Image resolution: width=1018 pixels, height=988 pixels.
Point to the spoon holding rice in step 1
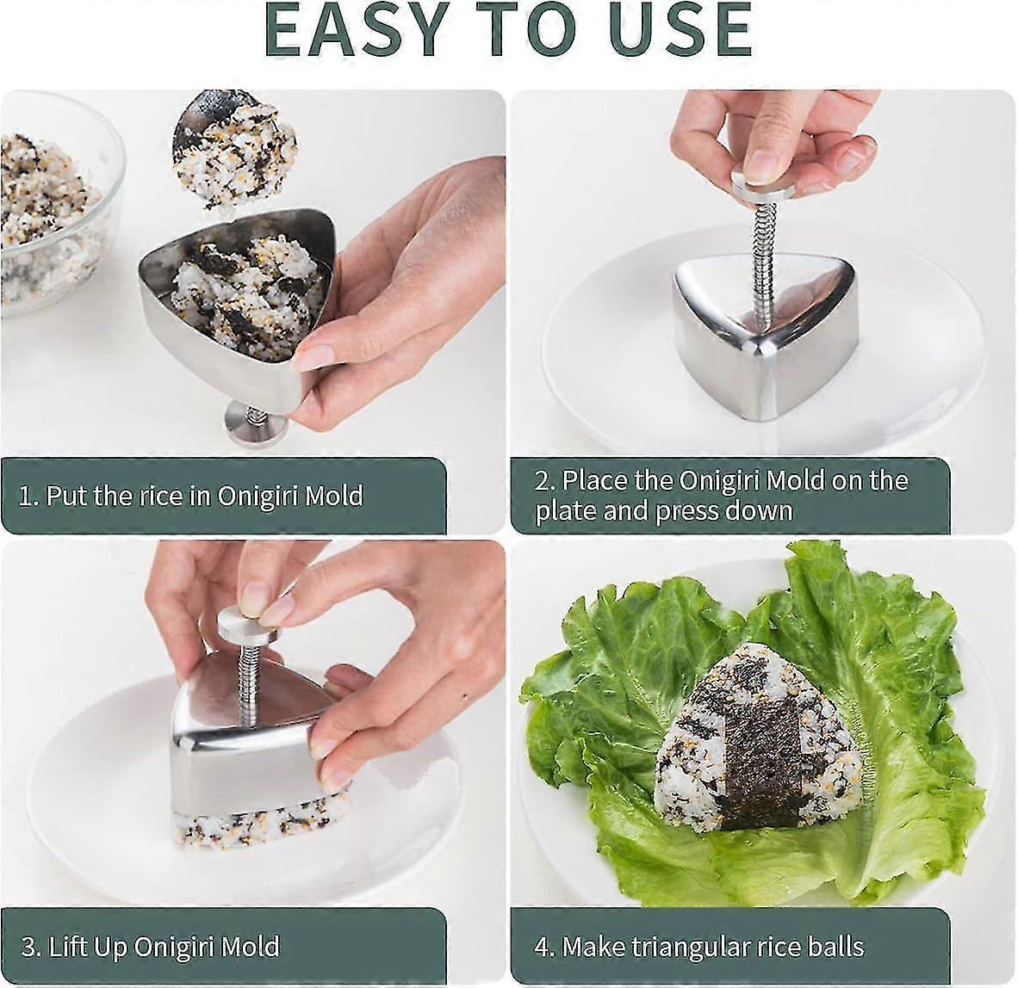click(x=233, y=151)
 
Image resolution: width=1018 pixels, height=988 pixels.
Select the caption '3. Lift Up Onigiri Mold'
click(x=150, y=948)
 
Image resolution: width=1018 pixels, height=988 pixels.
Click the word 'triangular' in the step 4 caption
click(x=689, y=948)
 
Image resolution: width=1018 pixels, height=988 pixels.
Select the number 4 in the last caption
click(x=541, y=948)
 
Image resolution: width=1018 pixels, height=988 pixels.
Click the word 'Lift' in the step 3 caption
click(x=69, y=948)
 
